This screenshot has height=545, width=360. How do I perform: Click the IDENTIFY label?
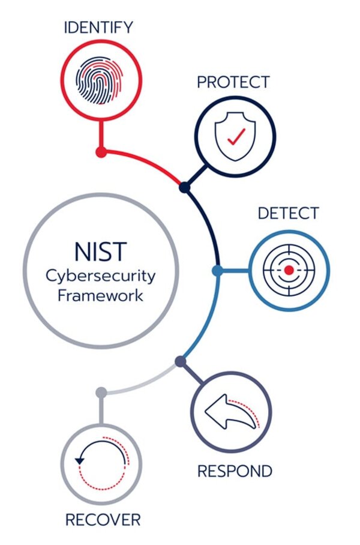pos(98,27)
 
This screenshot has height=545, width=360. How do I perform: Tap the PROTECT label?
pos(233,82)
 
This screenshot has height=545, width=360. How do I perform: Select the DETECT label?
pos(289,213)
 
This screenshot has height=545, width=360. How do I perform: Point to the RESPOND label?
pos(235,471)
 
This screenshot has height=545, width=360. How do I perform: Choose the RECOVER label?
pos(103,519)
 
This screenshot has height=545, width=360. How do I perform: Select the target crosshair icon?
pos(289,271)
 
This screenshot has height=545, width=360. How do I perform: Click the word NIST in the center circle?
pos(101,250)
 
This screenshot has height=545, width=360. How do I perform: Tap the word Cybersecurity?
pos(101,276)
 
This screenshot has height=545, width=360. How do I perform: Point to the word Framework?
pos(101,295)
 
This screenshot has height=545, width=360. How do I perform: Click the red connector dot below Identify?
pos(101,152)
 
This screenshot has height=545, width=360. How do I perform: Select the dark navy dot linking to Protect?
pos(185,188)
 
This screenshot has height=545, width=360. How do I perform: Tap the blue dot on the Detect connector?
pos(217,271)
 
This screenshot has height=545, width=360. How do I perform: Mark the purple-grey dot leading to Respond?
pos(180,361)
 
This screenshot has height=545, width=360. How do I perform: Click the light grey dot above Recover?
pos(101,392)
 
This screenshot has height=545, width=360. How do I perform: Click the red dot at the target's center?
pos(289,271)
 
